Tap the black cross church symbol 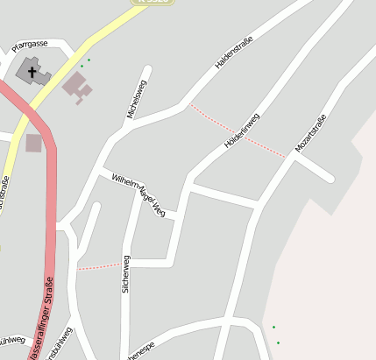[33, 70]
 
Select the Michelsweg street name [136, 98]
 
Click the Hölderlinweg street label [244, 129]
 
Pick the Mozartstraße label [310, 133]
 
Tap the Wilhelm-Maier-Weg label [138, 194]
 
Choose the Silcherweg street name [126, 273]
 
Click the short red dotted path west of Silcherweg [98, 266]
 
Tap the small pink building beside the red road [33, 143]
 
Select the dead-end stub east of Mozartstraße [330, 179]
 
